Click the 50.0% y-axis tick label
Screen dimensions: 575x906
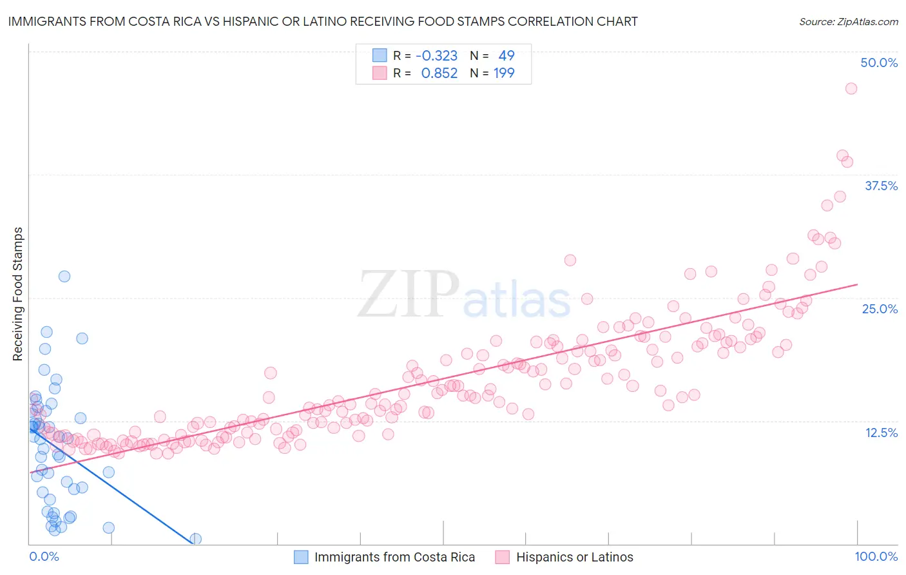879,63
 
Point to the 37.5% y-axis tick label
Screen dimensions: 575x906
881,186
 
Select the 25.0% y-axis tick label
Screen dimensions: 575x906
880,309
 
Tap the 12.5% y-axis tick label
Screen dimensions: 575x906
881,433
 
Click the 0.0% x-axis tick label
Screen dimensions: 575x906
44,556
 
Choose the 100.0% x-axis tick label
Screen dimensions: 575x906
876,556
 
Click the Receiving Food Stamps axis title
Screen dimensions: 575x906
18,294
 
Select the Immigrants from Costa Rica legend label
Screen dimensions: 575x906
394,557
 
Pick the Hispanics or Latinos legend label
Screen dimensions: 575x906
574,557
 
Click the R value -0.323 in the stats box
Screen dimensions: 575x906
436,55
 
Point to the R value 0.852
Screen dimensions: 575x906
439,73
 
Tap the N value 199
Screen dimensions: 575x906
504,73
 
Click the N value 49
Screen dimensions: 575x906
506,55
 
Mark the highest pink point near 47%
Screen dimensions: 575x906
851,88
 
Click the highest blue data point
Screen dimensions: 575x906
64,276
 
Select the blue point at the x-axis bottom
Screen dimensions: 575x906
195,539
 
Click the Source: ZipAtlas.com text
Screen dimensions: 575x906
848,22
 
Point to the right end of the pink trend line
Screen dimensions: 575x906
857,284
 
